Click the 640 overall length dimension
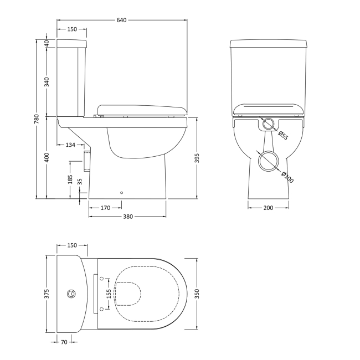121,20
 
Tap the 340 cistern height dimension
47,82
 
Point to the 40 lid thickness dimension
47,43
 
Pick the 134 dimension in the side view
70,145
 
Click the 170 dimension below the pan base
105,208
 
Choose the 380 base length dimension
127,217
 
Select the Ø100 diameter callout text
287,177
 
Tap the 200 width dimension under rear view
268,208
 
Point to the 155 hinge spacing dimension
109,292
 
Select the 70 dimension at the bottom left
64,342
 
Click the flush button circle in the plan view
71,292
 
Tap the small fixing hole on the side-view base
121,193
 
